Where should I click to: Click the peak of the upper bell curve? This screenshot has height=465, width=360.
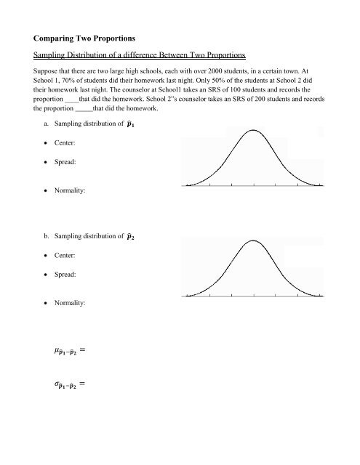click(253, 131)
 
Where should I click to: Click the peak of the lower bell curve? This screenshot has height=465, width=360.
click(253, 242)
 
